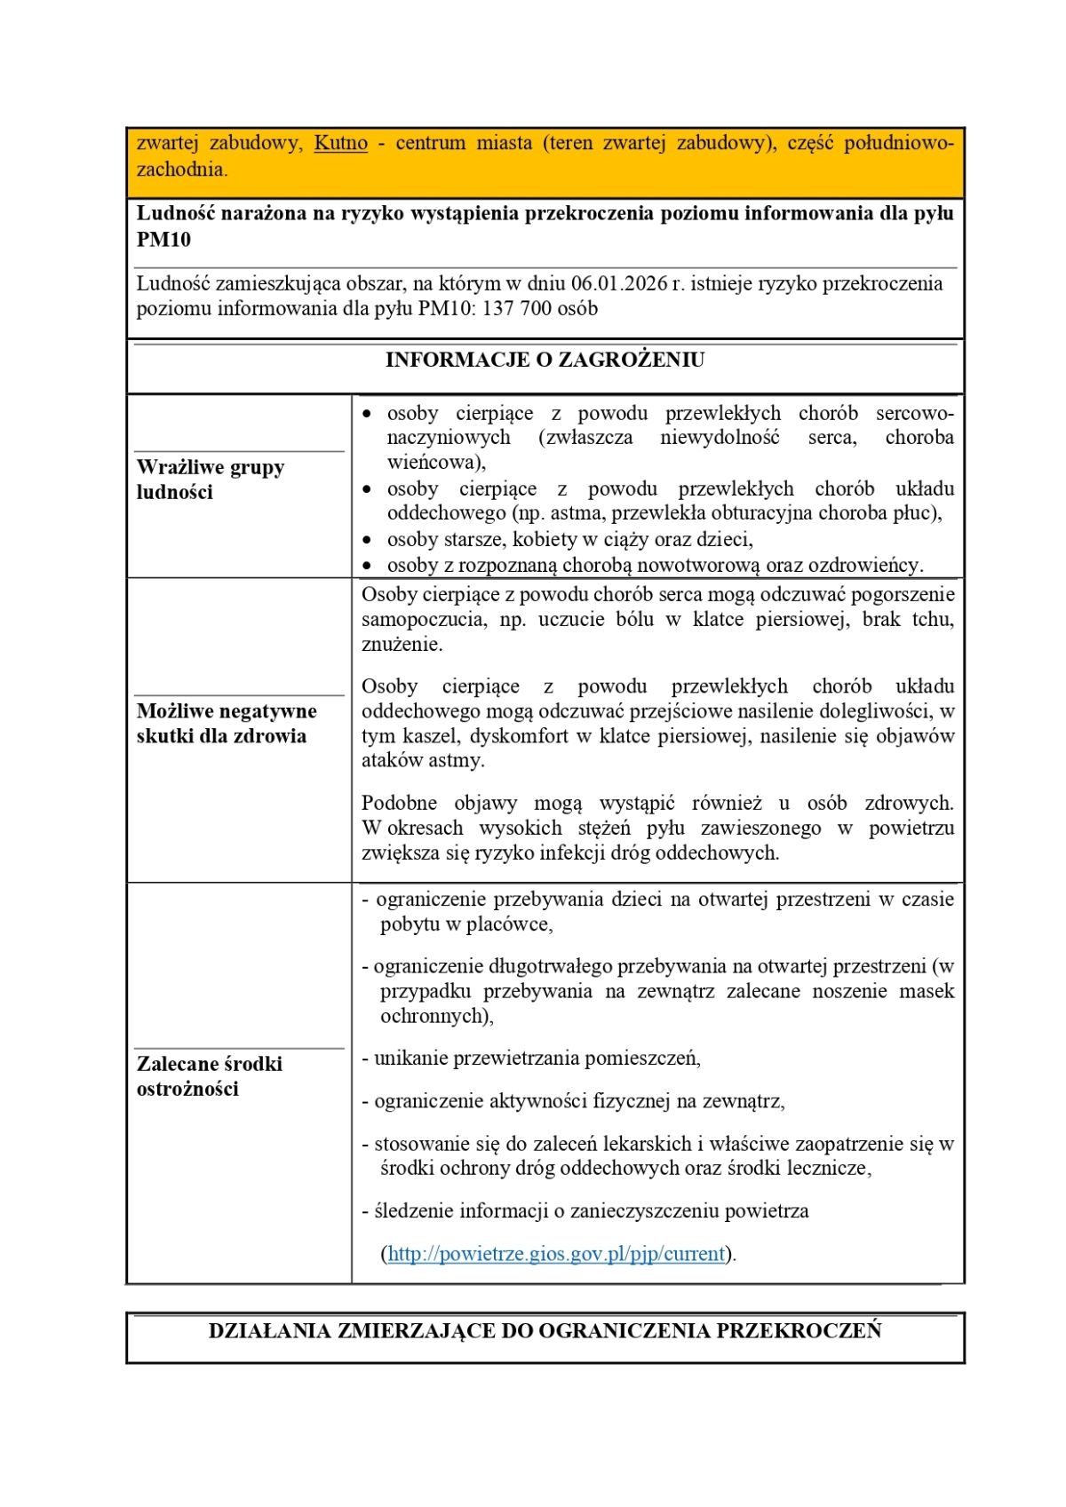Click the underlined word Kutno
340,143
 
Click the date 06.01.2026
619,283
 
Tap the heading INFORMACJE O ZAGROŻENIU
545,360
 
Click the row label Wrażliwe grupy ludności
211,480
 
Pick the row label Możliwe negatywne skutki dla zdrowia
227,723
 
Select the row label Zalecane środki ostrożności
210,1075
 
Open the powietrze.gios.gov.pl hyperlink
557,1253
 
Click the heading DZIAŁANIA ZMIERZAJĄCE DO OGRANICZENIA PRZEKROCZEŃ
545,1330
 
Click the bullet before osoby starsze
368,540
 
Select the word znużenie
402,644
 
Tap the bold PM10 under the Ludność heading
163,240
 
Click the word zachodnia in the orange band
181,169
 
